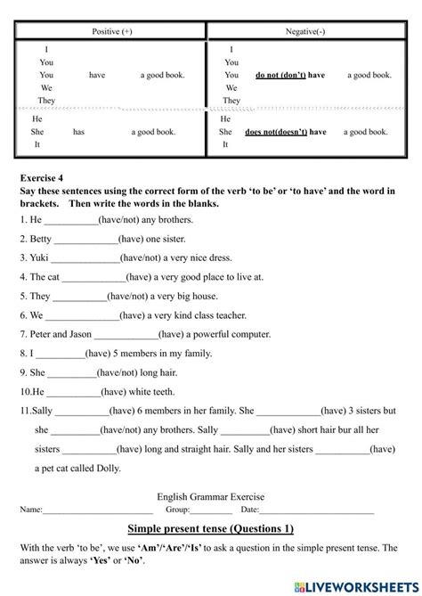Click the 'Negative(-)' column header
[308, 30]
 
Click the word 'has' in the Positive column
[78, 132]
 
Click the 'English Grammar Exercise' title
[210, 497]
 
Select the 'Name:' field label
[31, 510]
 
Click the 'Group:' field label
[178, 510]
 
